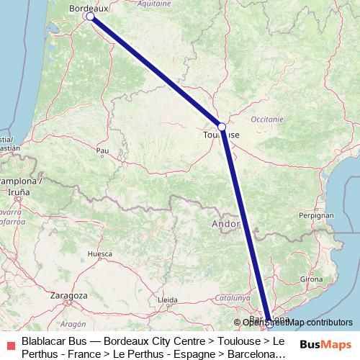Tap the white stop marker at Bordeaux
[90, 16]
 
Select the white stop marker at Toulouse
[222, 127]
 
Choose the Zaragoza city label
[69, 295]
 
